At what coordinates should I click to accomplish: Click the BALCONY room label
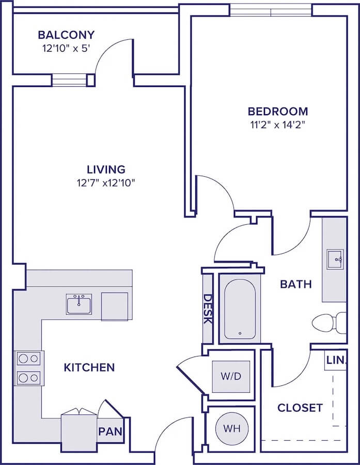tap(66, 35)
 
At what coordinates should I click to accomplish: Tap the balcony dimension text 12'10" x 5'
tap(66, 48)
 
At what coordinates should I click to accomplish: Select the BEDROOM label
tap(278, 111)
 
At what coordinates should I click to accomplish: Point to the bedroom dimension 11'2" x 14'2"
tap(277, 125)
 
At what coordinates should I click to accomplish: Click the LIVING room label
tap(106, 169)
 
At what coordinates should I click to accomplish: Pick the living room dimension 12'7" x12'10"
tap(106, 183)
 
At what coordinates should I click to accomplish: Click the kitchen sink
tap(79, 304)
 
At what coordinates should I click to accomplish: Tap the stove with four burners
tap(29, 368)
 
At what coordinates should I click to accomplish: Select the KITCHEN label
tap(89, 367)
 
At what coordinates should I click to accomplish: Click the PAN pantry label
tap(111, 431)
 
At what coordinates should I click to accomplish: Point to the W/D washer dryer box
tap(231, 376)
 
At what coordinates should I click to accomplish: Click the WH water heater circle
tap(231, 428)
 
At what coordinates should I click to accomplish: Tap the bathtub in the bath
tap(240, 308)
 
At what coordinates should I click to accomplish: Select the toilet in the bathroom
tap(329, 322)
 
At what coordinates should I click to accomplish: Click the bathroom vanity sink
tap(335, 259)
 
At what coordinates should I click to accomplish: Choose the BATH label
tap(296, 284)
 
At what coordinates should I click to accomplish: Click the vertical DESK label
tap(208, 309)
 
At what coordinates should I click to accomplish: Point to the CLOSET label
tap(300, 408)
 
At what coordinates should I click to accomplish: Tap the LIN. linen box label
tap(336, 360)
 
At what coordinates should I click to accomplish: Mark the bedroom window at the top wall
tap(271, 11)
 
